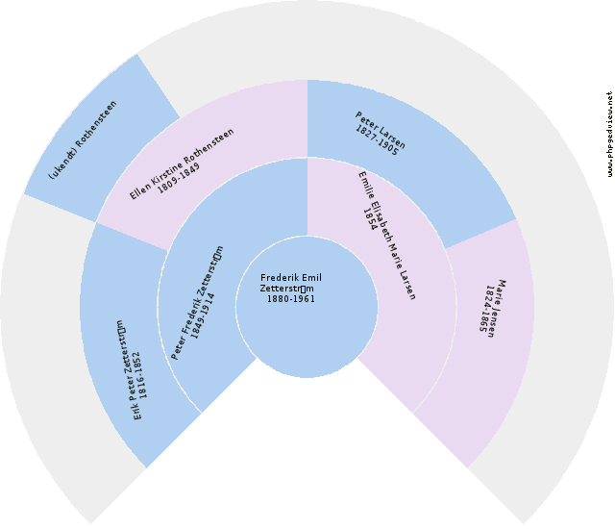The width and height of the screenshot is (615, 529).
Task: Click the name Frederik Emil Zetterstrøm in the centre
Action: [290, 284]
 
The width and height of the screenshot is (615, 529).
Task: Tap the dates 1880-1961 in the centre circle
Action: [290, 298]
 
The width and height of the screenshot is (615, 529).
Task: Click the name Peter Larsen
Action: [381, 131]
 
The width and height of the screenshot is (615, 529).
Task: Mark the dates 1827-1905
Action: [376, 140]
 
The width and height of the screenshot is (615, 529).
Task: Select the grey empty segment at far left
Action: [38, 365]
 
